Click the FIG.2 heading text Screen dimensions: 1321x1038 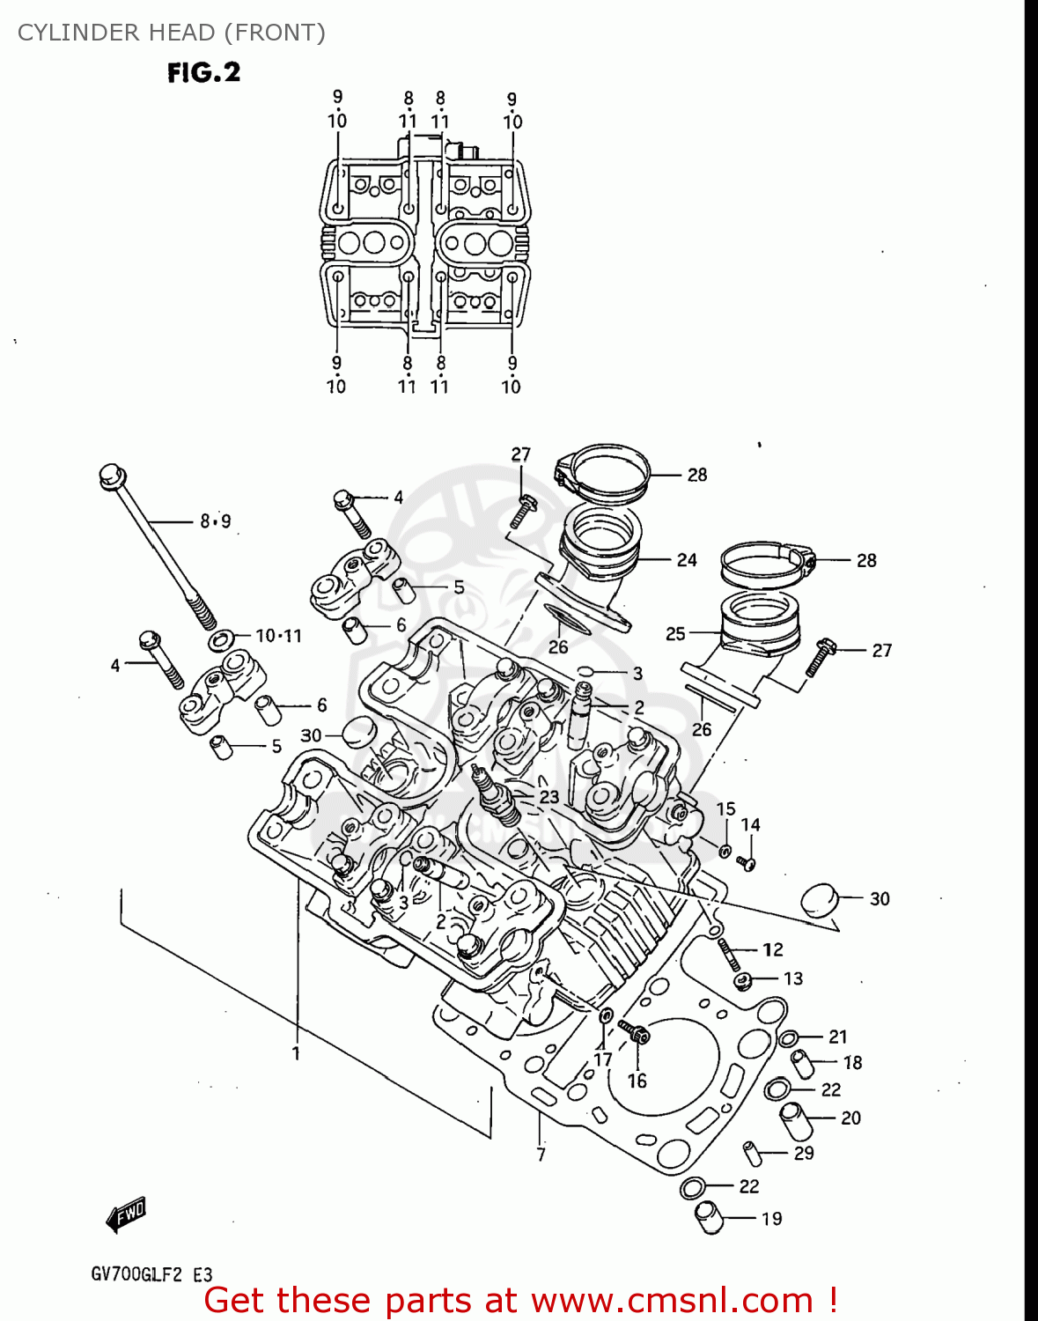click(204, 72)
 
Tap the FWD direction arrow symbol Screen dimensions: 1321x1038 click(126, 1215)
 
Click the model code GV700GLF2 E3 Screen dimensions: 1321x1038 click(151, 1274)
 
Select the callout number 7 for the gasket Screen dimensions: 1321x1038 click(541, 1154)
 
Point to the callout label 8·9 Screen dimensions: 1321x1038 click(215, 521)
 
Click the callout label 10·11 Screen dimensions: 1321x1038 click(278, 635)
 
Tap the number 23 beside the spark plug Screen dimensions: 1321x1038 click(548, 797)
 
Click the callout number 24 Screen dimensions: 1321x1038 click(687, 559)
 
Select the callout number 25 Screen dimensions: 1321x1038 click(675, 633)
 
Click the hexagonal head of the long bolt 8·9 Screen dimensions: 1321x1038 click(112, 475)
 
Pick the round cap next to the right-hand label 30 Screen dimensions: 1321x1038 click(818, 900)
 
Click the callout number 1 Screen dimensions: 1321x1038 click(296, 1052)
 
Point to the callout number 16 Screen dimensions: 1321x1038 click(637, 1081)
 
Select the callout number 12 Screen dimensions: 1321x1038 click(772, 949)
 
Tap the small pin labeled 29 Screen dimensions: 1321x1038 click(752, 1151)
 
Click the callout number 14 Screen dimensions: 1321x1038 click(750, 825)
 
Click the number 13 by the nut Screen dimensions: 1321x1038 click(792, 978)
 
